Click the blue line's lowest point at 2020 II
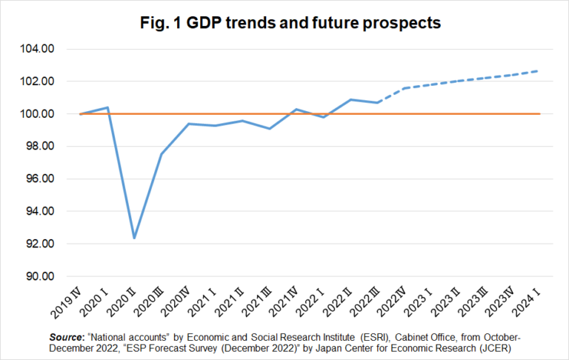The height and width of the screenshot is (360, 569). (134, 238)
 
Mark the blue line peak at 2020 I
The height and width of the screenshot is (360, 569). (107, 107)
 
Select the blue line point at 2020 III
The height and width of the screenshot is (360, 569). (162, 154)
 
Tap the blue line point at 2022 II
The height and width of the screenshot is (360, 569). (350, 99)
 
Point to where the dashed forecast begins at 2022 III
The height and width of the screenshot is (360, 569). (378, 102)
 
